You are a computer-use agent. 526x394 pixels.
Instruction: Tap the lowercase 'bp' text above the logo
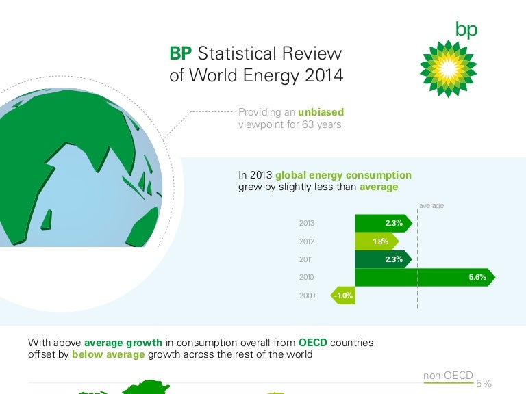(466, 29)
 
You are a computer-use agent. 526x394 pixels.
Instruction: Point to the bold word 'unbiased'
(321, 111)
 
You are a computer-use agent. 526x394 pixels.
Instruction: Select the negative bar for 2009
(344, 295)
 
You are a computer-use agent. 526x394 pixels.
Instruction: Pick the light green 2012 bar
(375, 241)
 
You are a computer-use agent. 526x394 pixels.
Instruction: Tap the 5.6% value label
(477, 277)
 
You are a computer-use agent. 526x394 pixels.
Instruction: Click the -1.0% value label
(344, 295)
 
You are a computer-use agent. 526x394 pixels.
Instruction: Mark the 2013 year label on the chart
(307, 223)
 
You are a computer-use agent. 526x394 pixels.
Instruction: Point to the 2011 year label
(307, 259)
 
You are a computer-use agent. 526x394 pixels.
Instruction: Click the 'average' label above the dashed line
(431, 205)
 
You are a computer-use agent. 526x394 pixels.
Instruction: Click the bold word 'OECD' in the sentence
(316, 342)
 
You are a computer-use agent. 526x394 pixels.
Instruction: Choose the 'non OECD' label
(449, 375)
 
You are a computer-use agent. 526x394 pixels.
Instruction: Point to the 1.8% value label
(380, 241)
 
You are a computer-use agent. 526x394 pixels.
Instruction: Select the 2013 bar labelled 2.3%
(383, 223)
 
